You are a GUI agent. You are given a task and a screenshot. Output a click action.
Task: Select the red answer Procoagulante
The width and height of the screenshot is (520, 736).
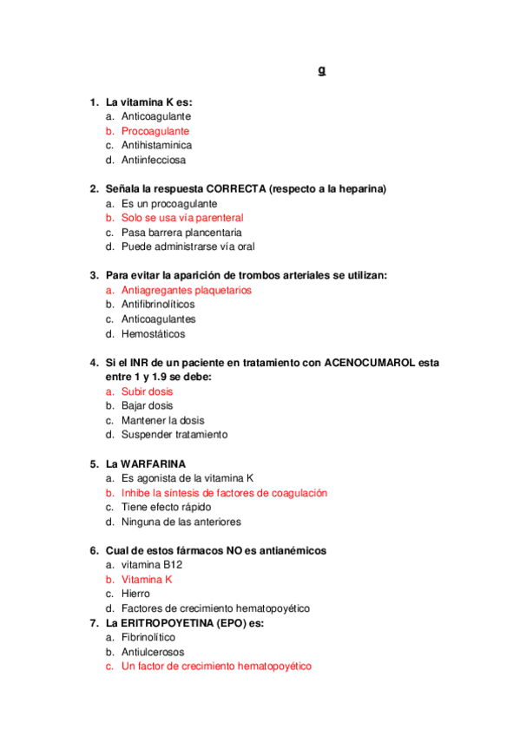click(x=155, y=131)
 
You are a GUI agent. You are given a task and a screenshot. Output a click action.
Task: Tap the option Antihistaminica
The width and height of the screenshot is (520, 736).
click(x=156, y=146)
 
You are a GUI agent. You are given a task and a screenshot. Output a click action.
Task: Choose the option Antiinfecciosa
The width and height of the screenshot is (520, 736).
click(x=154, y=160)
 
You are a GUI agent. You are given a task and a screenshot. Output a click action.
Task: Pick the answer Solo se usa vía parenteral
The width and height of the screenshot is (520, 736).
click(x=182, y=218)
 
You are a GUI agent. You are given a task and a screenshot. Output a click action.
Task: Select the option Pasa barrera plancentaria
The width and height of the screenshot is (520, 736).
click(x=181, y=233)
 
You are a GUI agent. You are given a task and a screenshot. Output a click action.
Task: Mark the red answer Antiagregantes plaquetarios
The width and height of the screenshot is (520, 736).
click(x=187, y=290)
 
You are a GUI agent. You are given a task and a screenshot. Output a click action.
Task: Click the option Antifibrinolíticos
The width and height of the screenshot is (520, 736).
click(x=158, y=305)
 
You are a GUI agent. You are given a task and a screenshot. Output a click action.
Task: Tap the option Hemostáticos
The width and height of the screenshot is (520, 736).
click(x=153, y=333)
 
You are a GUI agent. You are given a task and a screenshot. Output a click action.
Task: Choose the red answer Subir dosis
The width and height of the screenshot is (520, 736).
click(x=147, y=391)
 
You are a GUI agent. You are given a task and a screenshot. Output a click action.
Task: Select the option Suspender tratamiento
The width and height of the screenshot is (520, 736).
click(x=174, y=435)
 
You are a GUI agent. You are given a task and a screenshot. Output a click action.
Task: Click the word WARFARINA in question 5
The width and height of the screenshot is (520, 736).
click(x=153, y=463)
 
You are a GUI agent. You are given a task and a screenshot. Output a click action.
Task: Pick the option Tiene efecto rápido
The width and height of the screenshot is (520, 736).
click(x=166, y=507)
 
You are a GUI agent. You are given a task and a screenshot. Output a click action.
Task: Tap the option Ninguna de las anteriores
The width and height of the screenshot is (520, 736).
click(x=181, y=522)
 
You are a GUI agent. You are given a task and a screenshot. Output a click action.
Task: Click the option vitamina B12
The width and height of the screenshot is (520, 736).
click(x=152, y=565)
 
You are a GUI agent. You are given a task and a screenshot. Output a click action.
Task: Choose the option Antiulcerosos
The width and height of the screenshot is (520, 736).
click(x=153, y=652)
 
